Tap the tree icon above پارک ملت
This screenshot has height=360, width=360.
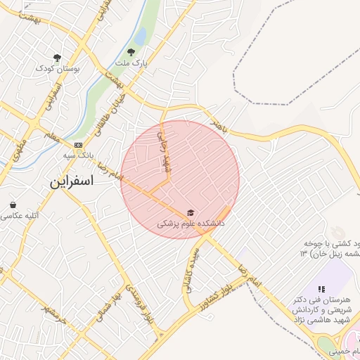tap(130, 51)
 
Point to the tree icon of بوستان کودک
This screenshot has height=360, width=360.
tap(57, 58)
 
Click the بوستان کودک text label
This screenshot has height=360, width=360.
tap(57, 70)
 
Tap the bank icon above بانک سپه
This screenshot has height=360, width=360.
tap(77, 144)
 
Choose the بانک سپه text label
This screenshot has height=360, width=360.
tap(77, 155)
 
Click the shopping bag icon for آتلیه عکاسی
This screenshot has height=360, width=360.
tap(13, 205)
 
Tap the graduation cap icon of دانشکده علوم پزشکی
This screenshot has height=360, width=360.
tap(189, 212)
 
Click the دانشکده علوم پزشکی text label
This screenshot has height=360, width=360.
tap(189, 224)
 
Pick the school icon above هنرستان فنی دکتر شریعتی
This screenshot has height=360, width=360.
tap(321, 288)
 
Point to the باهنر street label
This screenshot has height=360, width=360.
tap(219, 126)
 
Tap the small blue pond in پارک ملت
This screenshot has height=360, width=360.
tap(140, 35)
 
